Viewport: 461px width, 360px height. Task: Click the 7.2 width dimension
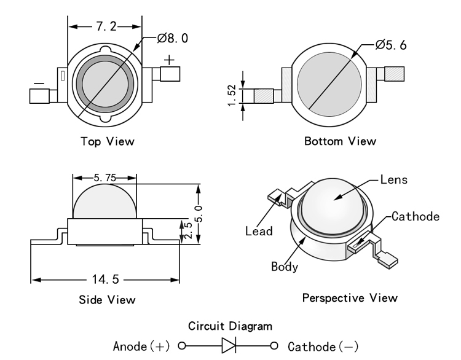point(106,26)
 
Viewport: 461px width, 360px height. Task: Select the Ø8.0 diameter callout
point(173,38)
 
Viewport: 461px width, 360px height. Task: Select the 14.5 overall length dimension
point(106,280)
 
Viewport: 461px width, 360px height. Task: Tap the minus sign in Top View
point(38,82)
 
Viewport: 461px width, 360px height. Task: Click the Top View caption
point(108,141)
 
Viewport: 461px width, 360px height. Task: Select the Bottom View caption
point(340,141)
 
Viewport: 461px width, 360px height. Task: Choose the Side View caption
point(108,300)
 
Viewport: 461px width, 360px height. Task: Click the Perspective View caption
point(350,298)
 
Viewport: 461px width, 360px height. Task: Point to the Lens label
point(394,180)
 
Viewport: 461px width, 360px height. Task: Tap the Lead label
point(259,232)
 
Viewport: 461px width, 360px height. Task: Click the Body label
point(285,267)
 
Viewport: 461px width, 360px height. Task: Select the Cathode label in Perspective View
point(416,216)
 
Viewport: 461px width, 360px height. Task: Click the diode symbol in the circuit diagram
point(229,345)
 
